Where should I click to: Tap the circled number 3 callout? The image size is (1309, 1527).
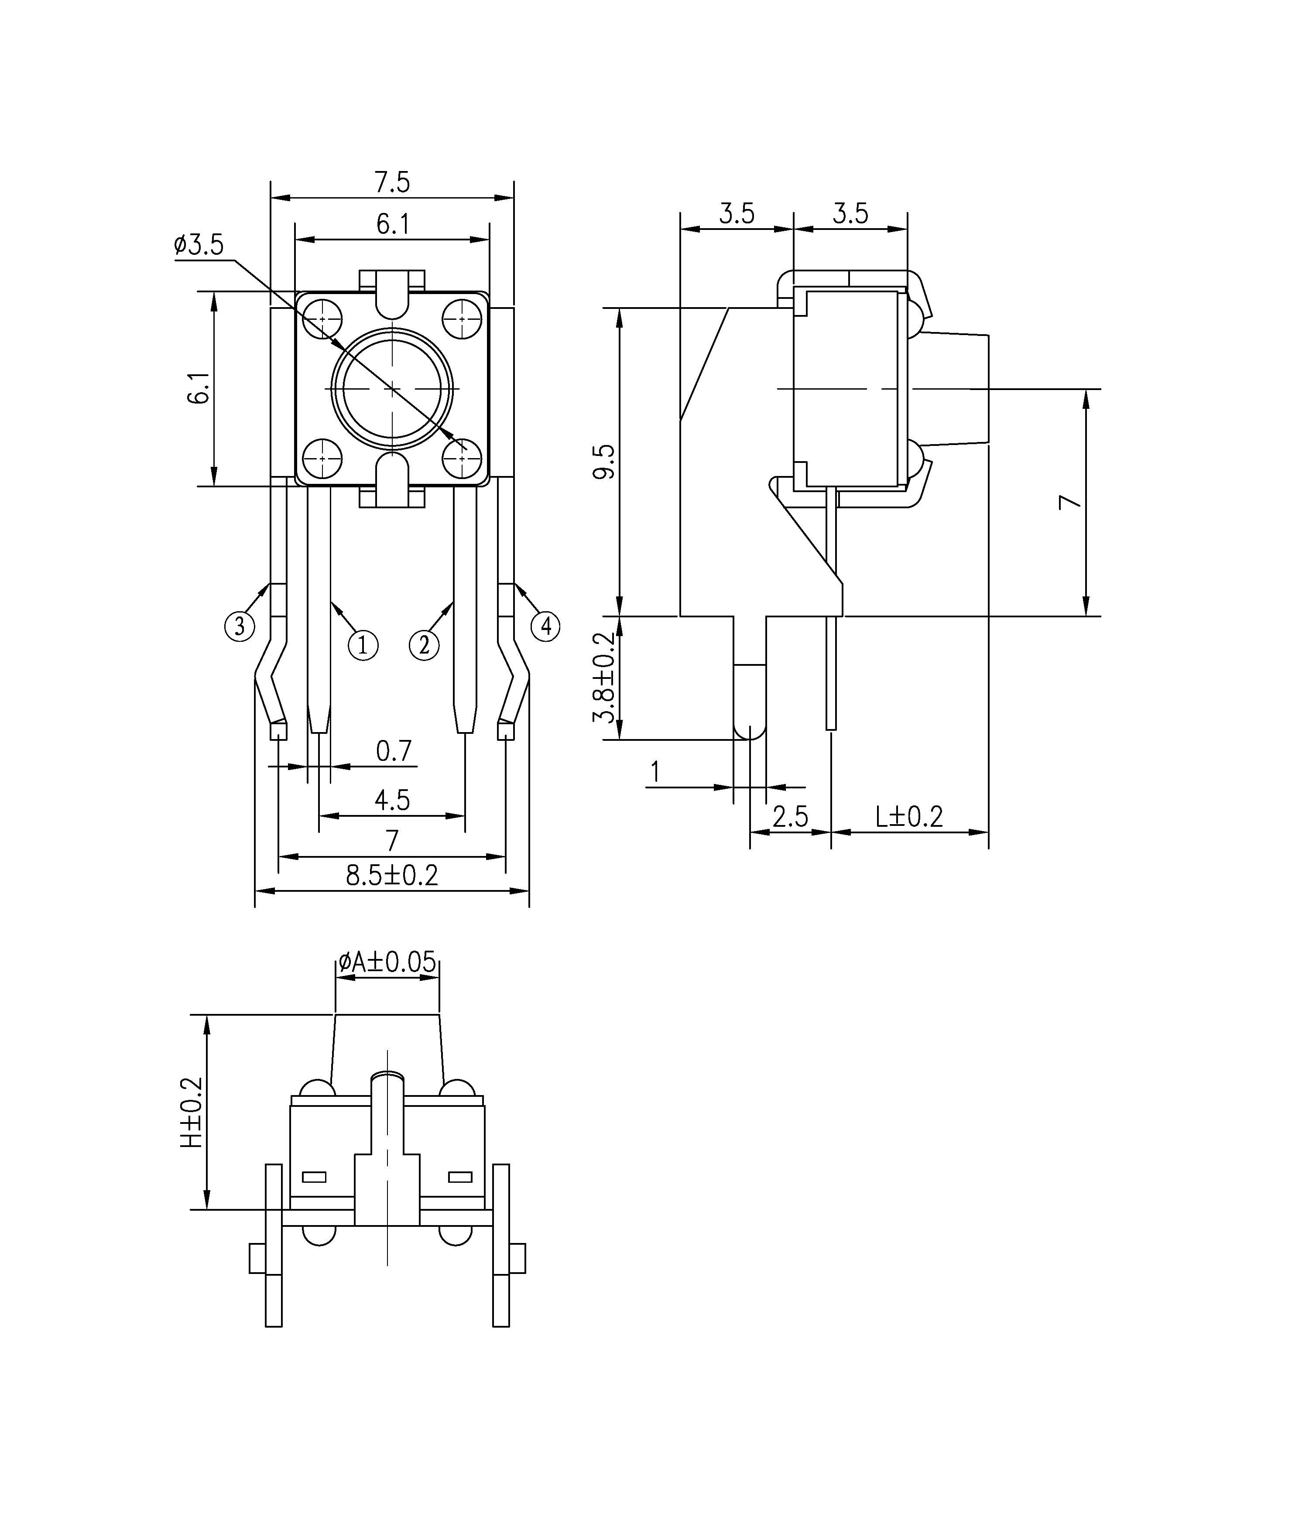tap(240, 627)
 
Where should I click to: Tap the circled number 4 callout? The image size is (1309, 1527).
tap(545, 627)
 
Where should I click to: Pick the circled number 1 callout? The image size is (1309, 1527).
tap(363, 646)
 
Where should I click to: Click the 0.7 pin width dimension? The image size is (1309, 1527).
tap(394, 752)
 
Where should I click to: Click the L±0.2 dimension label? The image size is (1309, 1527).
tap(909, 817)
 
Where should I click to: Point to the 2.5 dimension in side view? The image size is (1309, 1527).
tap(790, 817)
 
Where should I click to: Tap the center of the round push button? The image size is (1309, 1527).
tap(392, 388)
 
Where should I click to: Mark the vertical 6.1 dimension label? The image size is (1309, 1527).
tap(199, 388)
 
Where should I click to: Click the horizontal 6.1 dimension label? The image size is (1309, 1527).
tap(393, 224)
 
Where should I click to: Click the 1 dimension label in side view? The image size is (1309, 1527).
tap(655, 772)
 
